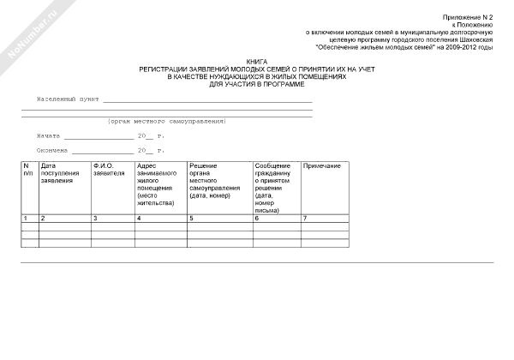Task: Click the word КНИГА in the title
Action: pyautogui.click(x=256, y=62)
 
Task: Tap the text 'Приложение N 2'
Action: pyautogui.click(x=468, y=17)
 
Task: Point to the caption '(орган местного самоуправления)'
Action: pyautogui.click(x=166, y=122)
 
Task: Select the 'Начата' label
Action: pyautogui.click(x=48, y=136)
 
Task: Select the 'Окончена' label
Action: pyautogui.click(x=52, y=150)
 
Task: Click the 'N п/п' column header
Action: pyautogui.click(x=28, y=169)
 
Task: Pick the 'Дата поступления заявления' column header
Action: pyautogui.click(x=60, y=173)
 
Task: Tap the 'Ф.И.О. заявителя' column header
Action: pyautogui.click(x=109, y=169)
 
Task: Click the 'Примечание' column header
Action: pyautogui.click(x=322, y=165)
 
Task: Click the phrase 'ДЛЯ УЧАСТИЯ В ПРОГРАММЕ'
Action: pyautogui.click(x=256, y=85)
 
